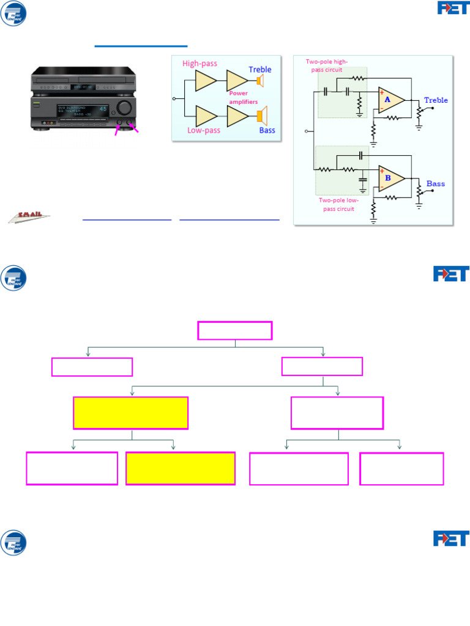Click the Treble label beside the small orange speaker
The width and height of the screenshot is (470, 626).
(260, 70)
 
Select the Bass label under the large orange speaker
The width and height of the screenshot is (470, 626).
(267, 130)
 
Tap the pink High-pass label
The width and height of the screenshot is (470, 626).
(200, 64)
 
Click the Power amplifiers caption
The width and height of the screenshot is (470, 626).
(243, 97)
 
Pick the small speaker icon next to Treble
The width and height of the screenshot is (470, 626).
(259, 81)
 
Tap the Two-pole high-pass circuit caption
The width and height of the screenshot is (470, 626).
(330, 65)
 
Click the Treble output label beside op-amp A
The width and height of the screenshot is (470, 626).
(436, 100)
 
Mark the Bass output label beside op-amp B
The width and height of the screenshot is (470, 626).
(436, 183)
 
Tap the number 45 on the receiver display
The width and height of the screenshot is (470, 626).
(103, 109)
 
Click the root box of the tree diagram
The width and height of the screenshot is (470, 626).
(234, 331)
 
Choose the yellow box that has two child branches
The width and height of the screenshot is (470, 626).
(130, 413)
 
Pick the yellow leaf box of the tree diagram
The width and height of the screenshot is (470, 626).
(181, 468)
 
